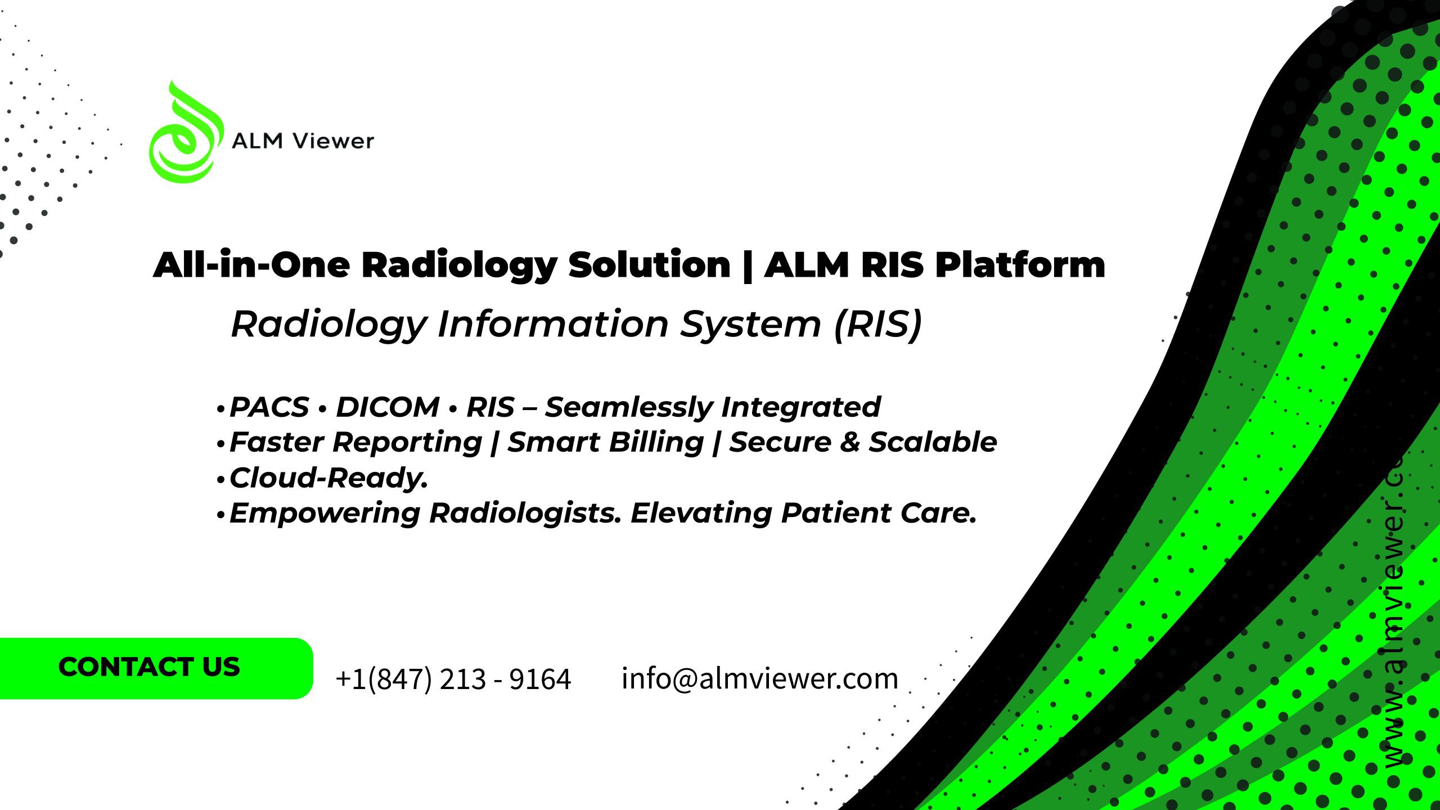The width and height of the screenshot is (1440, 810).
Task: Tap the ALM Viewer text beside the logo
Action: pyautogui.click(x=303, y=141)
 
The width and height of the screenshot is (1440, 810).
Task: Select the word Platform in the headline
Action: pyautogui.click(x=1020, y=265)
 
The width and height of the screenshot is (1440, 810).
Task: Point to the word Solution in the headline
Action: pyautogui.click(x=649, y=264)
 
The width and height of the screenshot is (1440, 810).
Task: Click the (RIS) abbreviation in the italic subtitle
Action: pyautogui.click(x=878, y=324)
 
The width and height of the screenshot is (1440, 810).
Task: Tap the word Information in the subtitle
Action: pyautogui.click(x=553, y=324)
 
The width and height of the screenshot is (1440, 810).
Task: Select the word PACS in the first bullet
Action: pyautogui.click(x=269, y=407)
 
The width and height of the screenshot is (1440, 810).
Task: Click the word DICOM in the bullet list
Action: pyautogui.click(x=388, y=407)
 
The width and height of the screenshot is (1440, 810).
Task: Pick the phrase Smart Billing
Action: pyautogui.click(x=606, y=442)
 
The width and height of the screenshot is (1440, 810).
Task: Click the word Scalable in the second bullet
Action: pyautogui.click(x=933, y=442)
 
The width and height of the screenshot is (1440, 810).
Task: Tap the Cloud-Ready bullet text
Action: pyautogui.click(x=329, y=478)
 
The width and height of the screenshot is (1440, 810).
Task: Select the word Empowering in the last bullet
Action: pyautogui.click(x=325, y=513)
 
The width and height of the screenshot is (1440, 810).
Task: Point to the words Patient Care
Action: pyautogui.click(x=879, y=513)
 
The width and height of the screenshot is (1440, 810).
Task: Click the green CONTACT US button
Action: pyautogui.click(x=156, y=668)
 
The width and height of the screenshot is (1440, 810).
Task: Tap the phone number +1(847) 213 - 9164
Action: pyautogui.click(x=453, y=679)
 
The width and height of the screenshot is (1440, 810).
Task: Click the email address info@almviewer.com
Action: pyautogui.click(x=760, y=678)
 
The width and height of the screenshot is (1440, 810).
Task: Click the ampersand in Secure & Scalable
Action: pyautogui.click(x=850, y=442)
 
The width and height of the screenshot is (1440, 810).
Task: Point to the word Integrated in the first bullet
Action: pyautogui.click(x=801, y=407)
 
